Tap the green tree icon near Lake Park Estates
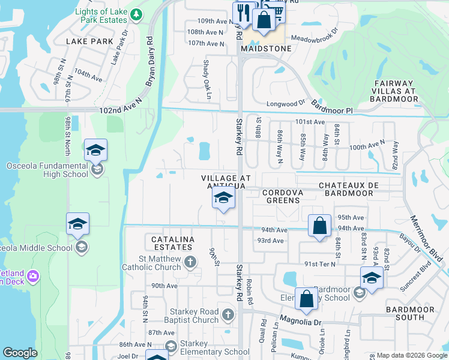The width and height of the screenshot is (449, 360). point(137,13)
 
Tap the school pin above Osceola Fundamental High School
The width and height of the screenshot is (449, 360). point(95,151)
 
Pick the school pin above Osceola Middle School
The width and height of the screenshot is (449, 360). point(77,224)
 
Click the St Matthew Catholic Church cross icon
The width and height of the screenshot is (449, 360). point(190,261)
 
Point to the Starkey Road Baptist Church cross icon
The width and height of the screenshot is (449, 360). point(227,314)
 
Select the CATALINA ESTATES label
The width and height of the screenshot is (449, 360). point(169,244)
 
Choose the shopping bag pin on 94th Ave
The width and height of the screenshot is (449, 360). point(320,227)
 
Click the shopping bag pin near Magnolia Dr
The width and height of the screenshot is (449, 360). point(306,299)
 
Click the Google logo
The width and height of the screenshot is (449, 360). point(20,353)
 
